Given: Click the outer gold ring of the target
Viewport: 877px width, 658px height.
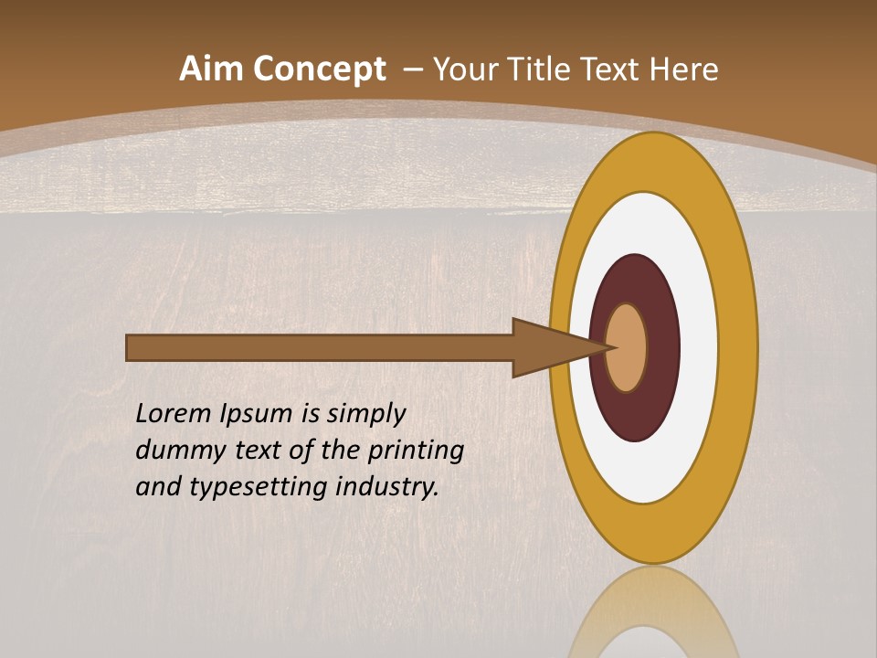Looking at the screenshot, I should point(652,160).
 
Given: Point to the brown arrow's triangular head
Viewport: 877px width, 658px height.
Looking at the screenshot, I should point(548,347).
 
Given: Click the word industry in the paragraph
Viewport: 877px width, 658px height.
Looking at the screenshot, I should point(387,487).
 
